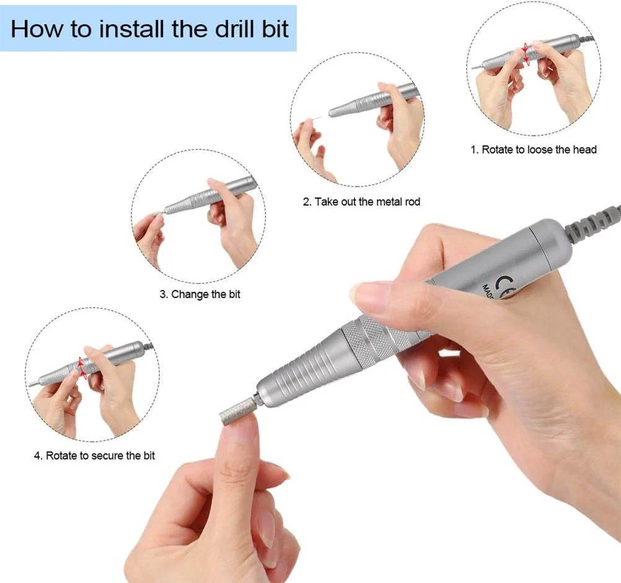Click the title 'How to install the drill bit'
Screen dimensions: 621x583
(x=149, y=29)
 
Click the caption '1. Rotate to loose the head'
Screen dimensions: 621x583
(x=534, y=149)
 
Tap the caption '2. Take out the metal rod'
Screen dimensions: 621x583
(x=361, y=202)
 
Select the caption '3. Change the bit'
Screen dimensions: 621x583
(x=200, y=294)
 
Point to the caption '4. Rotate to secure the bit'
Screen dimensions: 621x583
(x=94, y=455)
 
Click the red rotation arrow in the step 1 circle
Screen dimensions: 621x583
(x=526, y=53)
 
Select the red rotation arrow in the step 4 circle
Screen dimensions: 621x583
(x=82, y=367)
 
